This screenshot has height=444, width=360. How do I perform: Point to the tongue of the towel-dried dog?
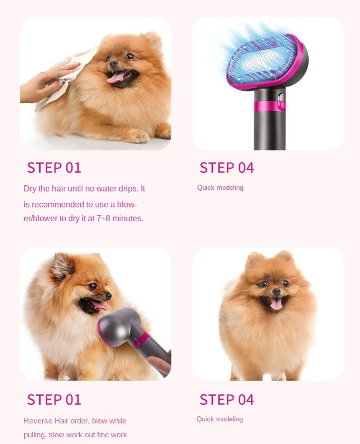[117, 77]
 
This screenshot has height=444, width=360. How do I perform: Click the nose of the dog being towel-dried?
[114, 63]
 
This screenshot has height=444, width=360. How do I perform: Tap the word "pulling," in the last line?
[35, 435]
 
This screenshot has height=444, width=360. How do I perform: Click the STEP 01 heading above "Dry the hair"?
[54, 168]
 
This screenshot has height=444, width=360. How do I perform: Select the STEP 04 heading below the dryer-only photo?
[227, 168]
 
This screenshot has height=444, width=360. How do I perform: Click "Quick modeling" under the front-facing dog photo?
[220, 419]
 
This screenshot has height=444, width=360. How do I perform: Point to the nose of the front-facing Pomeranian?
[276, 291]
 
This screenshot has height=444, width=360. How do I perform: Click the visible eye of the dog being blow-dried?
[93, 286]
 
